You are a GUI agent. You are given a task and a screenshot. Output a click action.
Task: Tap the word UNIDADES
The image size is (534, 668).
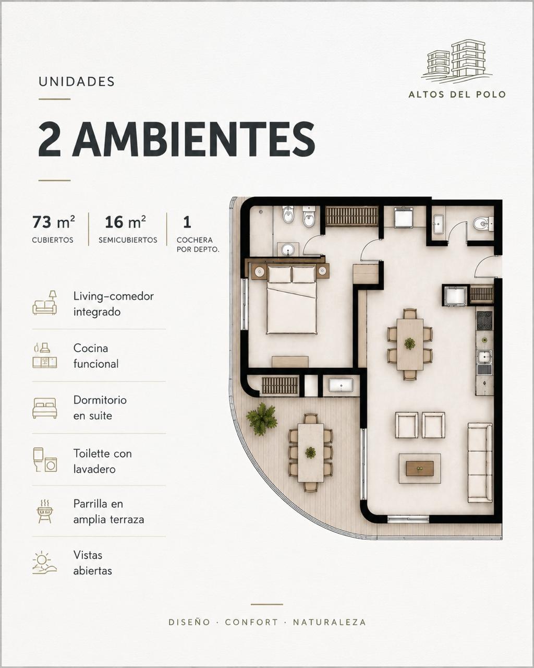77,81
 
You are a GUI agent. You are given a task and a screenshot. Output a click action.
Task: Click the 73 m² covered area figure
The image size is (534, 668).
53,222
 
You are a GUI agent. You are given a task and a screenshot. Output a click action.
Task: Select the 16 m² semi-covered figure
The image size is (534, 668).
125,222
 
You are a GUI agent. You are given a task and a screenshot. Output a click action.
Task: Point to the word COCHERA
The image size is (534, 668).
195,240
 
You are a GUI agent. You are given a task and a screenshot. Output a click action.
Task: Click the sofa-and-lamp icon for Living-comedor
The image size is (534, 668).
45,303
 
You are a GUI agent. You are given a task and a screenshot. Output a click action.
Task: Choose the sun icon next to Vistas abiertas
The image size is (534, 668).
45,562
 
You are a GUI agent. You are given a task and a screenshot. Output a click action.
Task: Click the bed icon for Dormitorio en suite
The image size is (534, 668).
45,408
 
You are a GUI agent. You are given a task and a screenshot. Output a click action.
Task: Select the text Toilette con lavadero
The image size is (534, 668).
102,461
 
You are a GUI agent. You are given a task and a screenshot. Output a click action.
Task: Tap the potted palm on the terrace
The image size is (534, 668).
262,419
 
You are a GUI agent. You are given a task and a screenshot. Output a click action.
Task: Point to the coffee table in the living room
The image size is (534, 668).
420,469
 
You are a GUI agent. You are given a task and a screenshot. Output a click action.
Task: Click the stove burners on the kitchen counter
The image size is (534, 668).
484,320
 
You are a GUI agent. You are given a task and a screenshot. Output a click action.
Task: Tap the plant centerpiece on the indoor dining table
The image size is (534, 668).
410,343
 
